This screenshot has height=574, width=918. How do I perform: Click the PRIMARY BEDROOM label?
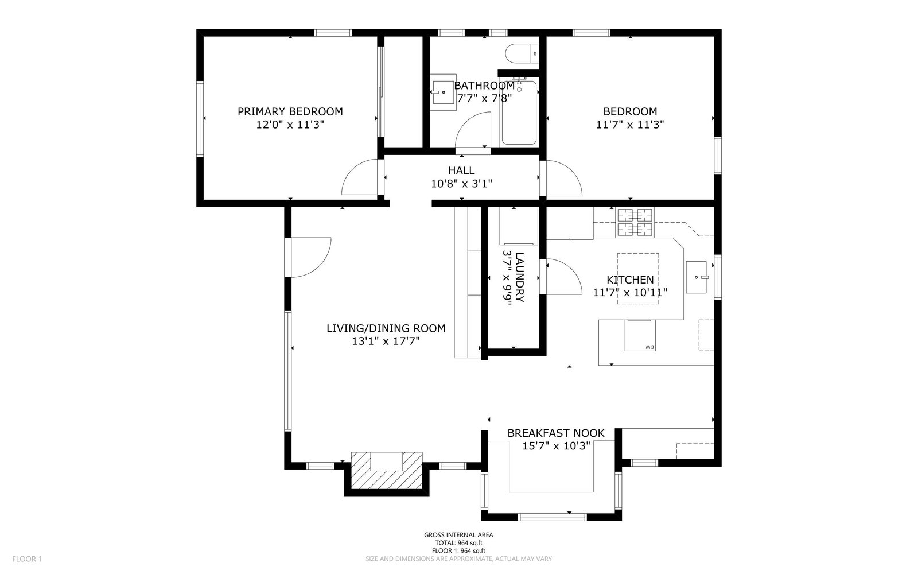pos(290,111)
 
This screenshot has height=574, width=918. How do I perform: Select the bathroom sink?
pos(443,92)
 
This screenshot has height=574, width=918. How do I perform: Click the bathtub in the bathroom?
pos(519,113)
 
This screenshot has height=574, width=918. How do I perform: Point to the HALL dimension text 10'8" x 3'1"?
pos(461,184)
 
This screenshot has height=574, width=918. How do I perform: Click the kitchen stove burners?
pos(635,223)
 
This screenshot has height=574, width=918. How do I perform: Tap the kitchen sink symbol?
pos(697,277)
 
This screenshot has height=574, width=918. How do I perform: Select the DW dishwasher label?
pos(649,347)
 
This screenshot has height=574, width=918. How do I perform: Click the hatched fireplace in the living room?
pos(387,470)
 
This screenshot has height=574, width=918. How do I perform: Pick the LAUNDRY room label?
pos(519,277)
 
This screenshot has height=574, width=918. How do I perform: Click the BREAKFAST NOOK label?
pos(556,433)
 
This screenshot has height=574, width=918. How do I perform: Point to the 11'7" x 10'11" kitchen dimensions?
pos(630,293)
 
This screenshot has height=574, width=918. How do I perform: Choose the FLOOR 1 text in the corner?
pos(27,559)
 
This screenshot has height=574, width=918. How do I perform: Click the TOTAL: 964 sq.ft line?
pos(458,543)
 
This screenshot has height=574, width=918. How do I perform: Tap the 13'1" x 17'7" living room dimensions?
pos(386,341)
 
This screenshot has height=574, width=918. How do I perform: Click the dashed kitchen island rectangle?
pos(638,278)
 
